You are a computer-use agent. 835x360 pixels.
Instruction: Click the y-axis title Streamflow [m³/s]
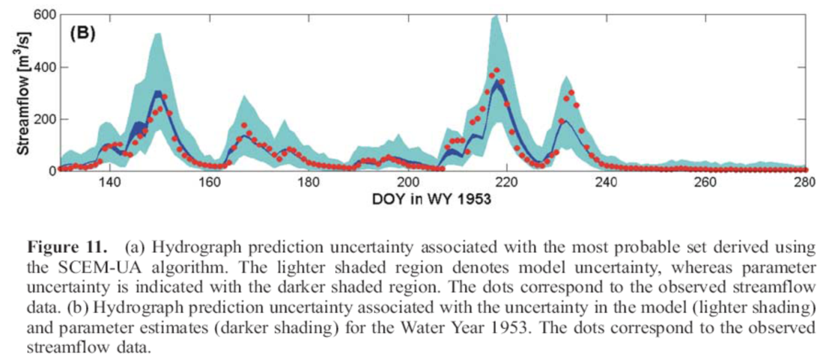pyautogui.click(x=23, y=94)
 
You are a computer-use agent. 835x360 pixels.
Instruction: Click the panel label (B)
pyautogui.click(x=82, y=34)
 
